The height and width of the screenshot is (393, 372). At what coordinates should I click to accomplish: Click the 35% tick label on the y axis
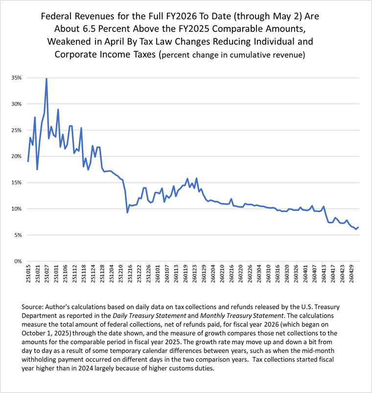pos(17,78)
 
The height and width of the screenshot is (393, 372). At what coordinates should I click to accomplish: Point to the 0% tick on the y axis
pos(18,261)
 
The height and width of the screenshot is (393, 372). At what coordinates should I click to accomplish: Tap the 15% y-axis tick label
pos(17,183)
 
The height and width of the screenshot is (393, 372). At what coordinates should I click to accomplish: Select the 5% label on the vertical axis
pos(18,235)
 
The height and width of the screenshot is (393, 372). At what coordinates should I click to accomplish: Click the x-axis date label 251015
pos(28,274)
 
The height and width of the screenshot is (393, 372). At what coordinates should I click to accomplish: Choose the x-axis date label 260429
pos(351,274)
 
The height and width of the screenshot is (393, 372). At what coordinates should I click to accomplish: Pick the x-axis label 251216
pos(130,274)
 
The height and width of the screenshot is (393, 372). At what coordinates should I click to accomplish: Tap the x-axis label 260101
pos(158,274)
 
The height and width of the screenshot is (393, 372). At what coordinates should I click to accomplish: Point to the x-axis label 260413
pos(324,274)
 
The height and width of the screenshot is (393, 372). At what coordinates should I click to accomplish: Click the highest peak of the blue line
pos(46,79)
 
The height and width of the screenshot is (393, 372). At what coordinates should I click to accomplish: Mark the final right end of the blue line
pos(358,227)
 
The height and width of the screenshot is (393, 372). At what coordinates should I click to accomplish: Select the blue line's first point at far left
pos(28,161)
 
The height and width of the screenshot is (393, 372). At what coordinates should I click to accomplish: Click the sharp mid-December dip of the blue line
pos(127,212)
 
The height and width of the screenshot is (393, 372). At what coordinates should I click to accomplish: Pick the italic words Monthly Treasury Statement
pos(242,316)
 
